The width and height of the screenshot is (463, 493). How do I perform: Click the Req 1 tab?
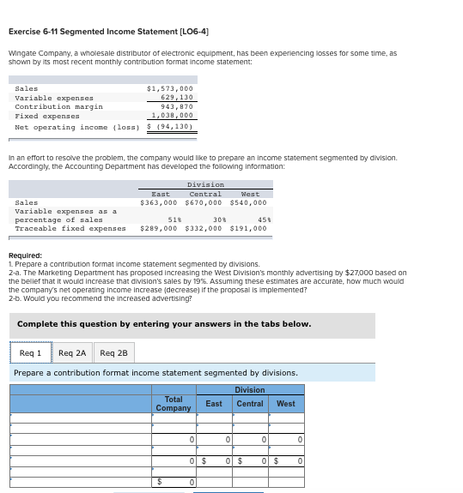point(30,352)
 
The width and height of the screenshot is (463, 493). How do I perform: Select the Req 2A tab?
point(72,352)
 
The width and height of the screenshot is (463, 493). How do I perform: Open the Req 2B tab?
point(113,352)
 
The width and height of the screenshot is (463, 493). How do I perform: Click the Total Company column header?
point(174,404)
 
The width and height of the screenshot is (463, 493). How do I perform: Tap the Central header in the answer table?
point(250,404)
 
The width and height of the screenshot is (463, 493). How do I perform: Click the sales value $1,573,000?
point(170,88)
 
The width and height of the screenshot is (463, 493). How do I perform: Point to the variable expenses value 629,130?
point(175,98)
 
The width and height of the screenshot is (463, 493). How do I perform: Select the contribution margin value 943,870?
point(175,106)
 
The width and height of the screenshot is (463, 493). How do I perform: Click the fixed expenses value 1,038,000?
point(172,115)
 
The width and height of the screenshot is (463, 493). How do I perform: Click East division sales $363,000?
point(160,203)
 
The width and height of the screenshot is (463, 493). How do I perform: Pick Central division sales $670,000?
point(204,203)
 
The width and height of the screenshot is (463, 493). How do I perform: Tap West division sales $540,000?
point(248,203)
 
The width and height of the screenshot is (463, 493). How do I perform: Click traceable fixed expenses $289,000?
point(160,229)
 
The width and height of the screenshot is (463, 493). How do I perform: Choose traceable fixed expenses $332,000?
point(204,229)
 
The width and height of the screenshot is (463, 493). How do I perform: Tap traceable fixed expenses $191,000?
point(248,229)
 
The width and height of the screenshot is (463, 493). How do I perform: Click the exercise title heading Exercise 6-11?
point(108,32)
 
